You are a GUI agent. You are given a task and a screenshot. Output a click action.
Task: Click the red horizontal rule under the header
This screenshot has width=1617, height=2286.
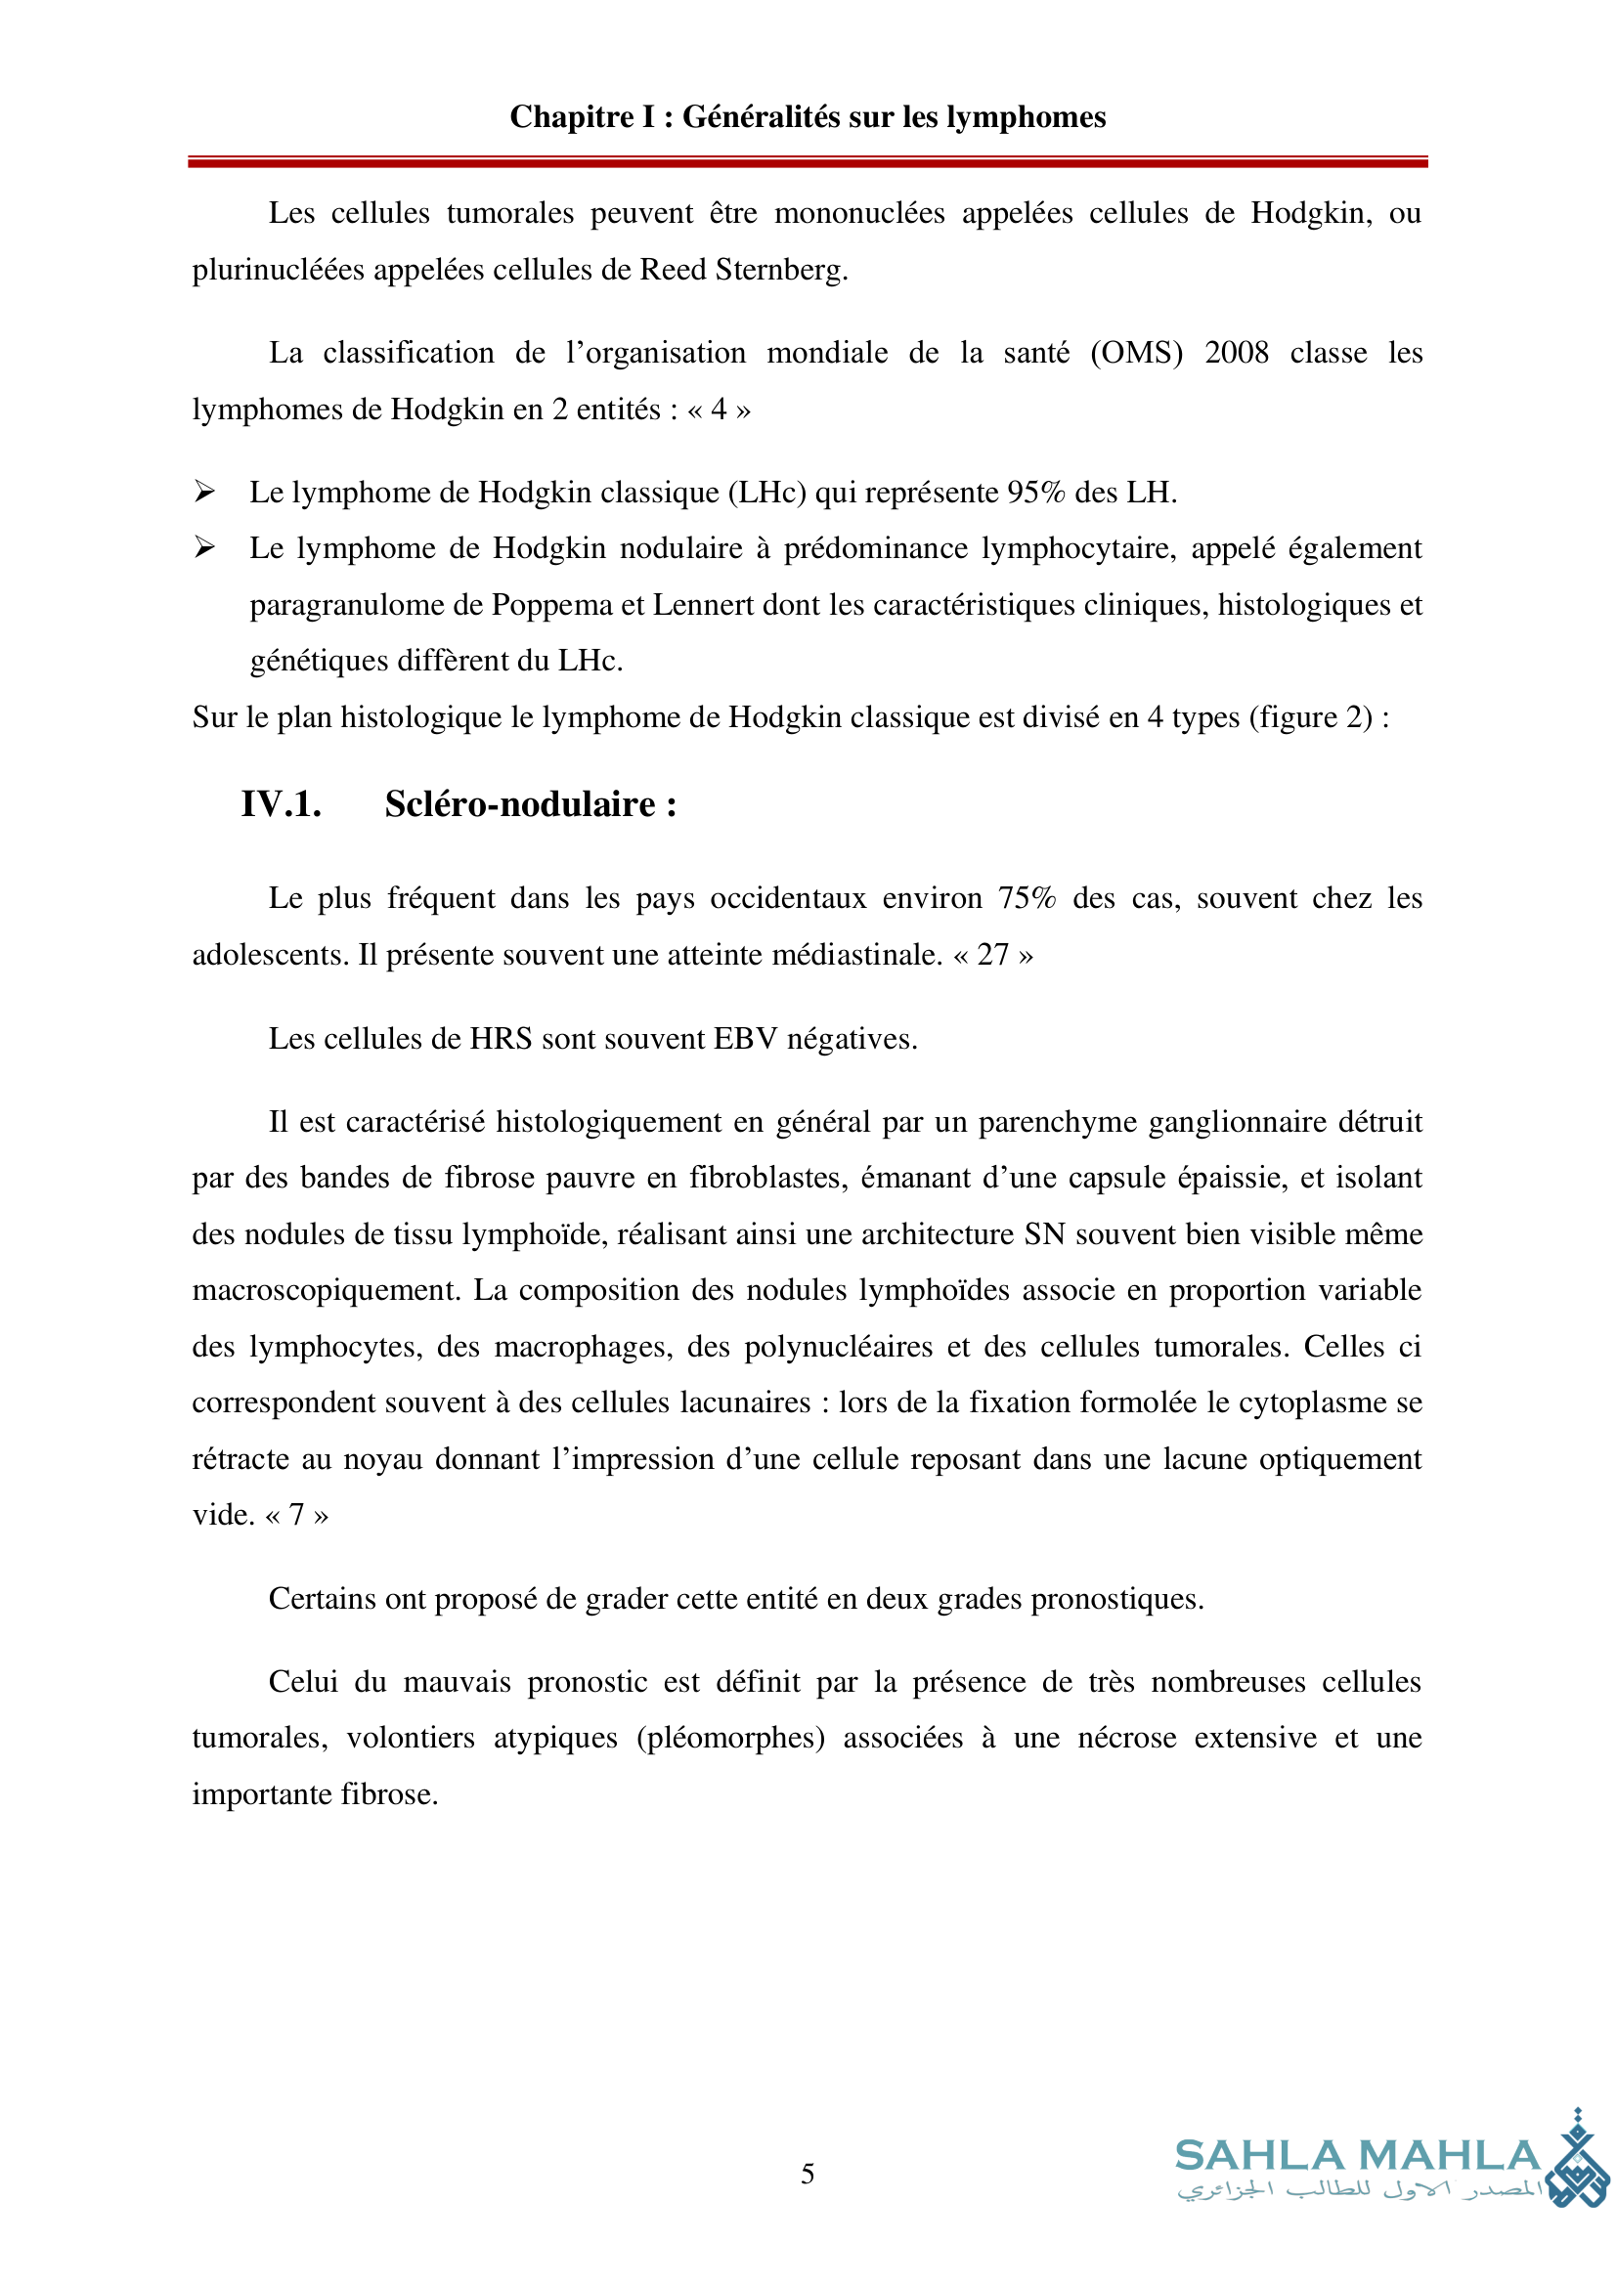click(808, 161)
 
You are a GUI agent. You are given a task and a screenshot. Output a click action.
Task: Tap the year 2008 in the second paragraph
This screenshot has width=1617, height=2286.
click(1236, 353)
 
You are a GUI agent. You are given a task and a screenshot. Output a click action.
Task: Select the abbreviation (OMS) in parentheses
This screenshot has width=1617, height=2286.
click(1136, 353)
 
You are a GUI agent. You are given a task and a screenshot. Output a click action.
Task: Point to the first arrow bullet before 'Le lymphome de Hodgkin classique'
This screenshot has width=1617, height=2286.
click(204, 491)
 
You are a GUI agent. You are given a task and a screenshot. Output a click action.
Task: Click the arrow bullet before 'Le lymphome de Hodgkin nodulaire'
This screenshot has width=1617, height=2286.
click(204, 546)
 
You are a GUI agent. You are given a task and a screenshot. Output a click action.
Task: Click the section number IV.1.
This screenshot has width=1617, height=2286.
click(281, 804)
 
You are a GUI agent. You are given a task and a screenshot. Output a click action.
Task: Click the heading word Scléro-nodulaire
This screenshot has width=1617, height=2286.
click(520, 804)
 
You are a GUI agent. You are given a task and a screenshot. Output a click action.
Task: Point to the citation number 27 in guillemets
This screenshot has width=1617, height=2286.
click(992, 955)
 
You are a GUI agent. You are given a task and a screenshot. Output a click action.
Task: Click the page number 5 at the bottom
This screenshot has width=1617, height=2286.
click(808, 2174)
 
